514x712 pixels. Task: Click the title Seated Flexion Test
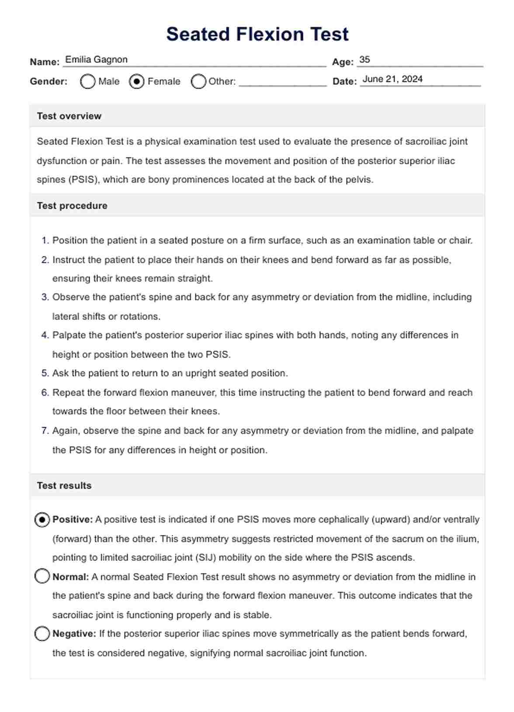tap(257, 34)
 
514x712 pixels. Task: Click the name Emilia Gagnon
tap(96, 59)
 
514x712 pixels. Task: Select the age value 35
tap(365, 59)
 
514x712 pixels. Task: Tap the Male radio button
tap(87, 82)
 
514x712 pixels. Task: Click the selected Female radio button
tap(136, 82)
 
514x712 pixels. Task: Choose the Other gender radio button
tap(198, 82)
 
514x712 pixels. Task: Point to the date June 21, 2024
tap(392, 79)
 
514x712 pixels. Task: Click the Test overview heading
tap(69, 116)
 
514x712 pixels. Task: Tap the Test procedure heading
tap(72, 206)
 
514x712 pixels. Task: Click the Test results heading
tap(64, 486)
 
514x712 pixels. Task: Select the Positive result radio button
tap(42, 520)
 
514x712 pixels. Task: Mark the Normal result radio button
tap(42, 576)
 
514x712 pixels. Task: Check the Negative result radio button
tap(42, 633)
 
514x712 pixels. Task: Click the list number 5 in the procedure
tap(45, 373)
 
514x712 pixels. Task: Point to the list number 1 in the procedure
tap(45, 241)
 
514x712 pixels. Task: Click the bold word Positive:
tap(73, 520)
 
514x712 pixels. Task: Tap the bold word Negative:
tap(74, 634)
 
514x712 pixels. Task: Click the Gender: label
tap(49, 82)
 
